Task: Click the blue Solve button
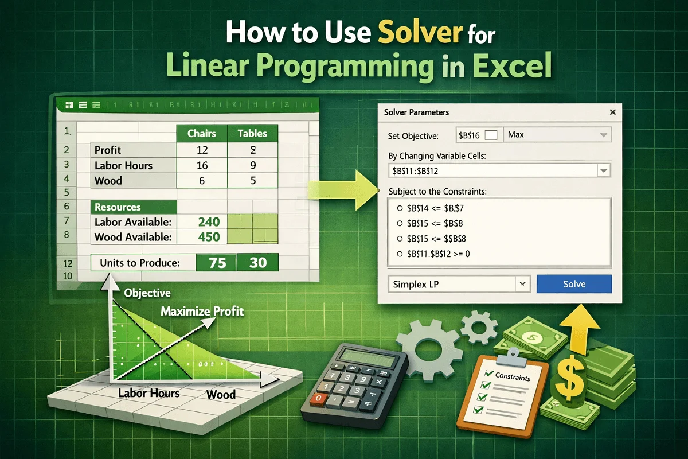point(574,284)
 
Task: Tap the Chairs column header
point(202,134)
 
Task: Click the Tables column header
point(252,134)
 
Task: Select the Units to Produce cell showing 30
point(257,263)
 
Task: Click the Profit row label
point(108,150)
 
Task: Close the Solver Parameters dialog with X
point(613,112)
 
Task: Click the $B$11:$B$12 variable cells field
point(493,170)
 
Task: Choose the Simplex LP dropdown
point(459,284)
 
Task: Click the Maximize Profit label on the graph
point(202,312)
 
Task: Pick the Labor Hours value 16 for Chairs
point(201,166)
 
